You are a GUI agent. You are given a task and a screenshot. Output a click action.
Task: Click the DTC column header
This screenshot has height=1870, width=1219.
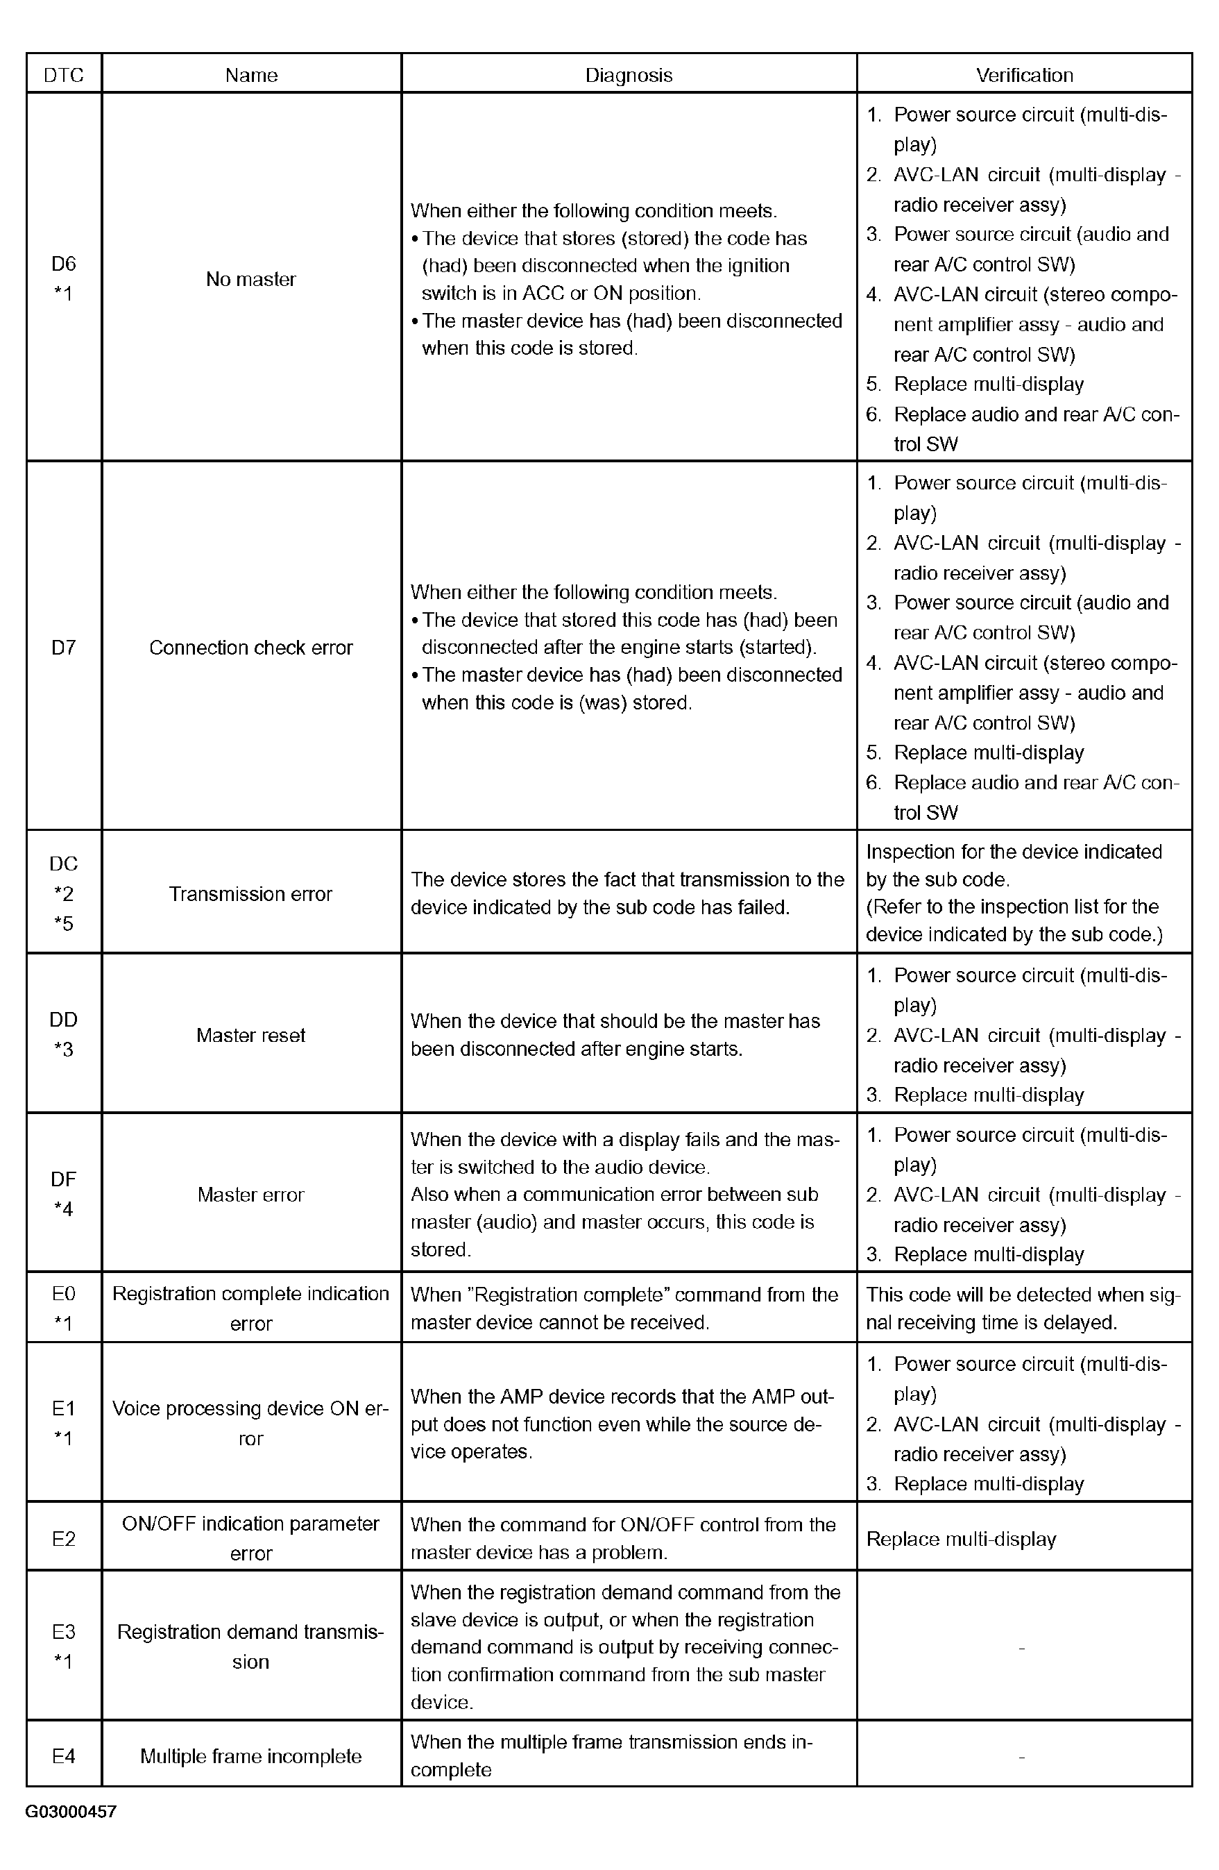pyautogui.click(x=64, y=75)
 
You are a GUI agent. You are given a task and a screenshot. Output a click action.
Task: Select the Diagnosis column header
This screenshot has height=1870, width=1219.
pyautogui.click(x=629, y=75)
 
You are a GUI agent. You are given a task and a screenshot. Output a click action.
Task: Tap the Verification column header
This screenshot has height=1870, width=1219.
pyautogui.click(x=1024, y=75)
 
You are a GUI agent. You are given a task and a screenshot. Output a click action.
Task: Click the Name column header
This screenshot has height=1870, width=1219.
pyautogui.click(x=251, y=75)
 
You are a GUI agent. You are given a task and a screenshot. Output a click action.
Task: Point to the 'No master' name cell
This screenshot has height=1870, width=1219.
pyautogui.click(x=251, y=279)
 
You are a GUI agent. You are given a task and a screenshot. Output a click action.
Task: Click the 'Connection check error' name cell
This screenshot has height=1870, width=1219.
pyautogui.click(x=251, y=648)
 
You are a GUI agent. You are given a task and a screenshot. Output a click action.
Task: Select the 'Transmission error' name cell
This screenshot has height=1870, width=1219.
pyautogui.click(x=251, y=893)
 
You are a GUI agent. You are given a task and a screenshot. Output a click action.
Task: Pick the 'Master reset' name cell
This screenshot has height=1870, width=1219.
pyautogui.click(x=251, y=1035)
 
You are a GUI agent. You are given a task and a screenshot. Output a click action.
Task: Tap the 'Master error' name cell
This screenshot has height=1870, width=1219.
pyautogui.click(x=251, y=1195)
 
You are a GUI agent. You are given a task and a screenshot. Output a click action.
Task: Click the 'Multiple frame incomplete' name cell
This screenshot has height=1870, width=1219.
pyautogui.click(x=251, y=1756)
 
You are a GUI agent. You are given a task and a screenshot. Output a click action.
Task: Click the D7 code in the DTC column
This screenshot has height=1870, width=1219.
pyautogui.click(x=64, y=648)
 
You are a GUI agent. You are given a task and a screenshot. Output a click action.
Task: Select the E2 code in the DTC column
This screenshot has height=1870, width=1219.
pyautogui.click(x=64, y=1538)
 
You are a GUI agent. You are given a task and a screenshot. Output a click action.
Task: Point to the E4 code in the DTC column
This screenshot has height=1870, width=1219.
pyautogui.click(x=64, y=1756)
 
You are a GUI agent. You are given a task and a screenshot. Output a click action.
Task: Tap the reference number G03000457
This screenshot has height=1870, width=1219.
pyautogui.click(x=71, y=1812)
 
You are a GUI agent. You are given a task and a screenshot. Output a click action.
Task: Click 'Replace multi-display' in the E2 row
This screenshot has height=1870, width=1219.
pyautogui.click(x=961, y=1538)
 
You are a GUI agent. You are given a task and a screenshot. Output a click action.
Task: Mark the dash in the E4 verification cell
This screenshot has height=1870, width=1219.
pyautogui.click(x=1021, y=1757)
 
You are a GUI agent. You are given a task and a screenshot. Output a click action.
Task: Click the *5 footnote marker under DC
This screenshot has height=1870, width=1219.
pyautogui.click(x=64, y=923)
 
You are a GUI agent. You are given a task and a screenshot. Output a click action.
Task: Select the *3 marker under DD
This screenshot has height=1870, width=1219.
pyautogui.click(x=64, y=1050)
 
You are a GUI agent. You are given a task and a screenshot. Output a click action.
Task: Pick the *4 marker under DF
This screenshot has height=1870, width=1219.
pyautogui.click(x=64, y=1209)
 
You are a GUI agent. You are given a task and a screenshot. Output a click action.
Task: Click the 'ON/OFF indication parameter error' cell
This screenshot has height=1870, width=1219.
pyautogui.click(x=251, y=1538)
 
